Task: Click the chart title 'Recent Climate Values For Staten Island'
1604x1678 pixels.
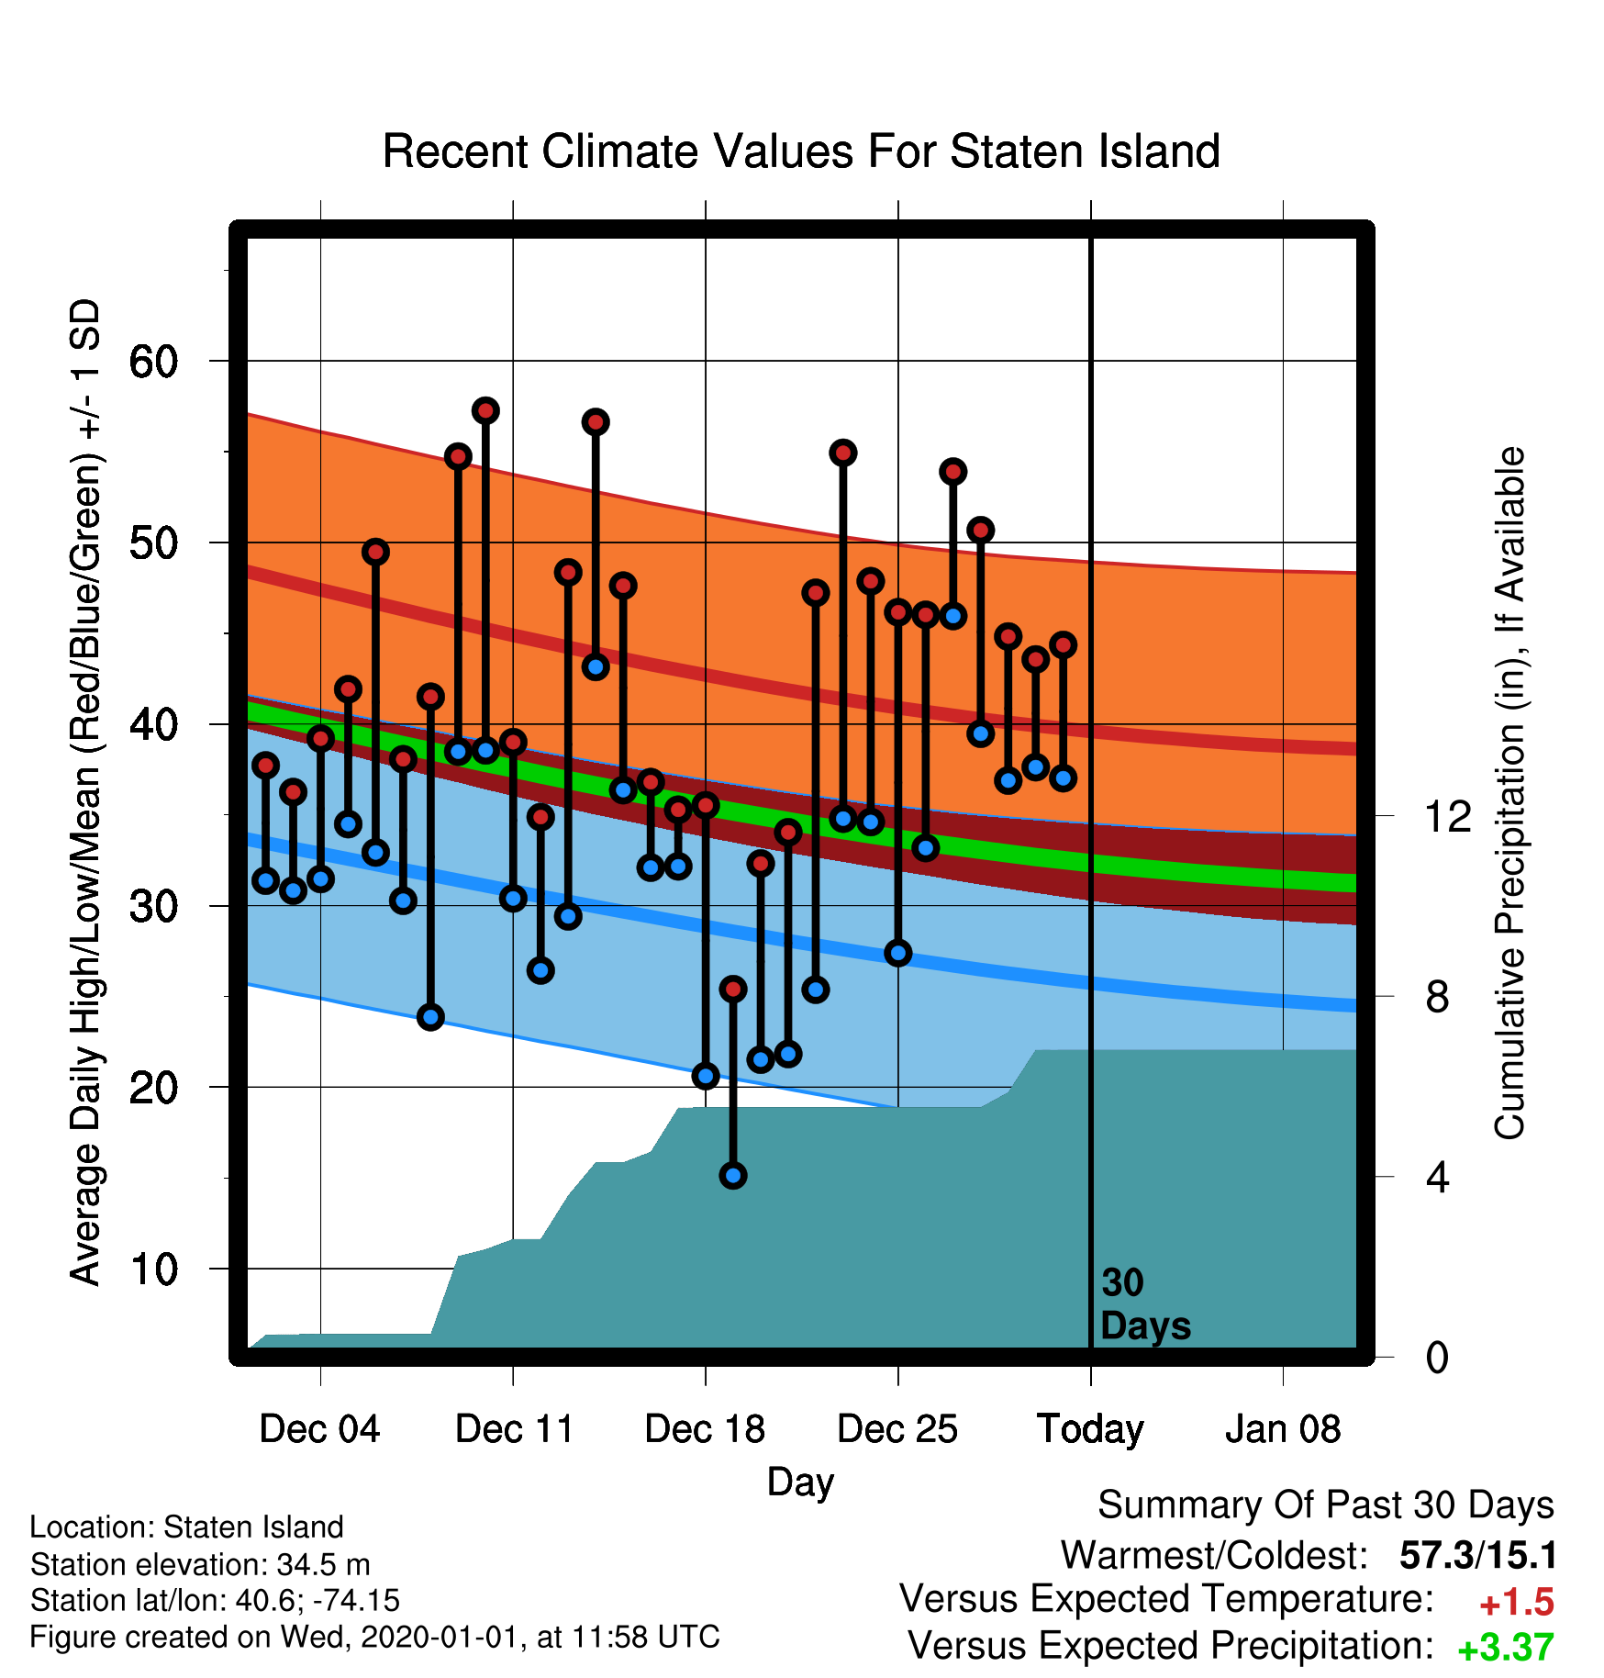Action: (801, 151)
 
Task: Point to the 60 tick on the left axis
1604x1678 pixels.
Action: (153, 362)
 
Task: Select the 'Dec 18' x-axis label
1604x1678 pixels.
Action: (705, 1429)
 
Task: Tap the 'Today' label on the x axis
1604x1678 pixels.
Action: (1090, 1430)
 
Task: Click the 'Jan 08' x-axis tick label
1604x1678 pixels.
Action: (1283, 1429)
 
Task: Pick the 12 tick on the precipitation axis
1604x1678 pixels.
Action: (1447, 816)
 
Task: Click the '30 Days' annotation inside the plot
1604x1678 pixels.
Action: (1145, 1304)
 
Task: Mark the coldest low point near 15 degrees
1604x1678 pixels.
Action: (733, 1175)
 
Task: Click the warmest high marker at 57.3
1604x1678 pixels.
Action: (485, 410)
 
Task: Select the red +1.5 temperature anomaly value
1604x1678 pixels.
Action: (1517, 1603)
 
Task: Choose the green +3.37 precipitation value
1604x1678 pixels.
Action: (1506, 1648)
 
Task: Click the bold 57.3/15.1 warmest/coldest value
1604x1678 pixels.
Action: (1478, 1556)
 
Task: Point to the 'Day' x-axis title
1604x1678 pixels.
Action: (801, 1482)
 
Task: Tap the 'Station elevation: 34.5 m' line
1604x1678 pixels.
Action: (200, 1564)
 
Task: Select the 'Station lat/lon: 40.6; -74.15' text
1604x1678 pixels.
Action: (216, 1601)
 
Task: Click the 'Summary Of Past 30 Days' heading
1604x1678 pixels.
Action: (1326, 1505)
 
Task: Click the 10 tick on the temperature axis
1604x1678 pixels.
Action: (153, 1270)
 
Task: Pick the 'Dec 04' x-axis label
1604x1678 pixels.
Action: (319, 1429)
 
